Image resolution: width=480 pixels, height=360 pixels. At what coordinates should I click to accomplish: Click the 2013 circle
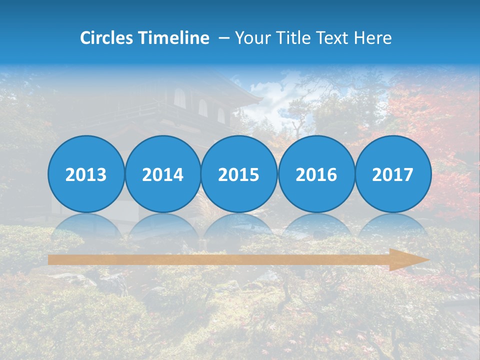click(86, 174)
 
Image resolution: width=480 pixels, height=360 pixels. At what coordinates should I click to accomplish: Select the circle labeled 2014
click(162, 174)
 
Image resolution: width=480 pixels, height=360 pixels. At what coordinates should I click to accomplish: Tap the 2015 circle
click(239, 174)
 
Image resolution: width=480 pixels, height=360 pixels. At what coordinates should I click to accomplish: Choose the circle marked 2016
click(316, 174)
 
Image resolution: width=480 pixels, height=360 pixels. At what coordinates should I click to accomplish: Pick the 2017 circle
click(393, 174)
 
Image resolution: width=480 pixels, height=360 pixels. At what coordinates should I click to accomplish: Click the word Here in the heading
click(373, 38)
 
